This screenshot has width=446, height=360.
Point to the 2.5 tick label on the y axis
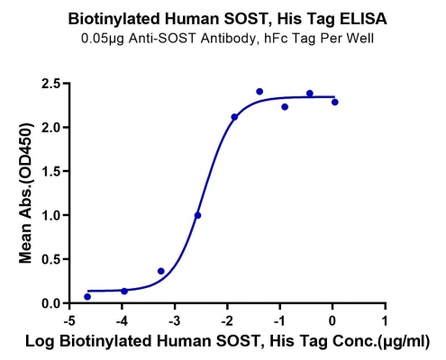tap(51, 83)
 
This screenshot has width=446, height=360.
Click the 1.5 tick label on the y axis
tap(51, 171)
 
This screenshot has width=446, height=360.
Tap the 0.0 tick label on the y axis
tap(51, 303)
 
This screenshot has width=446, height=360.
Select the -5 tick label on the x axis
tap(69, 321)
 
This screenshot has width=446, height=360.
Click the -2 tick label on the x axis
tap(227, 321)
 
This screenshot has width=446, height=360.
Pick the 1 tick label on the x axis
tap(385, 321)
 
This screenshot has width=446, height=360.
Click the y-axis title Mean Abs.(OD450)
tap(26, 193)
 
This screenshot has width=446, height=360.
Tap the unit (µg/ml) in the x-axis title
tap(403, 342)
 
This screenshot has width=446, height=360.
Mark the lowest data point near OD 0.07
tap(87, 297)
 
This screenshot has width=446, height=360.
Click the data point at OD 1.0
tap(197, 215)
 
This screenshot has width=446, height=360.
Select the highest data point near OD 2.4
tap(259, 92)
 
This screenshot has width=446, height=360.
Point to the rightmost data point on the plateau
tap(335, 103)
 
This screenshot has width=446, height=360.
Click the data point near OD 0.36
tap(161, 271)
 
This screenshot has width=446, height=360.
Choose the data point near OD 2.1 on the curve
tap(234, 117)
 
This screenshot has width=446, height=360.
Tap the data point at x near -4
tap(124, 291)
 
